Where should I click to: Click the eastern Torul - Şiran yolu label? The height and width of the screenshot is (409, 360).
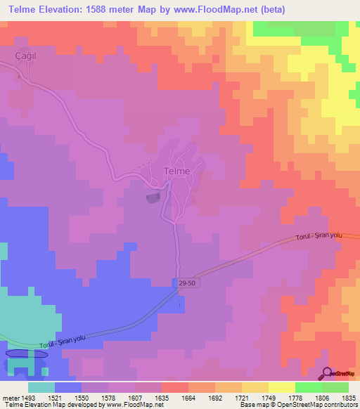click(319, 235)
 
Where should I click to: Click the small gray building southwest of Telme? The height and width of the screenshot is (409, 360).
click(153, 199)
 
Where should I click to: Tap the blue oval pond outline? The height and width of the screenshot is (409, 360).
click(27, 354)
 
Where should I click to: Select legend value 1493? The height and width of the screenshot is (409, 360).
click(28, 397)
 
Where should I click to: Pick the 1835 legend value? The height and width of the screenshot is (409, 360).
click(349, 397)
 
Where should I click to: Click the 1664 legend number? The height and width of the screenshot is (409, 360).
click(188, 397)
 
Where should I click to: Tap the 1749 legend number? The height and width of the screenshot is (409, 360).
click(269, 397)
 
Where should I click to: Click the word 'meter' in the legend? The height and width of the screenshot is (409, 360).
click(9, 397)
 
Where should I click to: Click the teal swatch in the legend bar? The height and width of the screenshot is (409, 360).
click(41, 387)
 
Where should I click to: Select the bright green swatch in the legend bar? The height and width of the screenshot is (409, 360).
click(308, 387)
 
